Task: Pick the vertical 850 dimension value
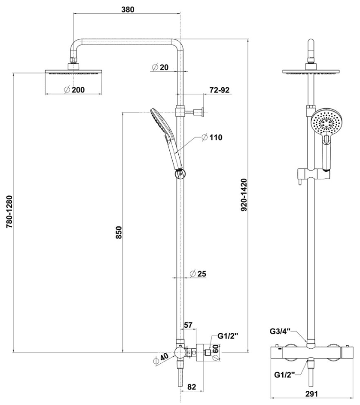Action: point(119,232)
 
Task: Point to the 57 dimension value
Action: point(188,325)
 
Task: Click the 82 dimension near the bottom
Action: point(192,387)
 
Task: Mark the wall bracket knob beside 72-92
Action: point(202,112)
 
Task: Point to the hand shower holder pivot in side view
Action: point(179,174)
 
